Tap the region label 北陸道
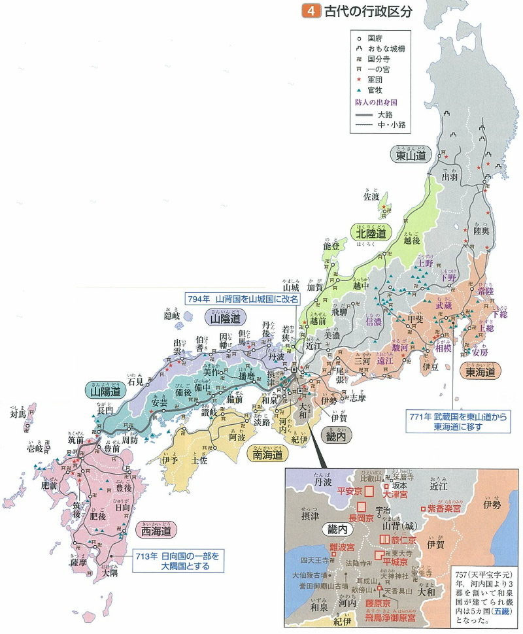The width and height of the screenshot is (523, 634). click(x=371, y=233)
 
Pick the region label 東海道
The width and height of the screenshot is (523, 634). click(x=484, y=372)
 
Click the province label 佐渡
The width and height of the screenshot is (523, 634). click(x=371, y=196)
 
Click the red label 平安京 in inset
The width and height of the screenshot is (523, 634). click(x=350, y=490)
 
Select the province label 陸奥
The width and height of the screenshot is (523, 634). click(x=482, y=231)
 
